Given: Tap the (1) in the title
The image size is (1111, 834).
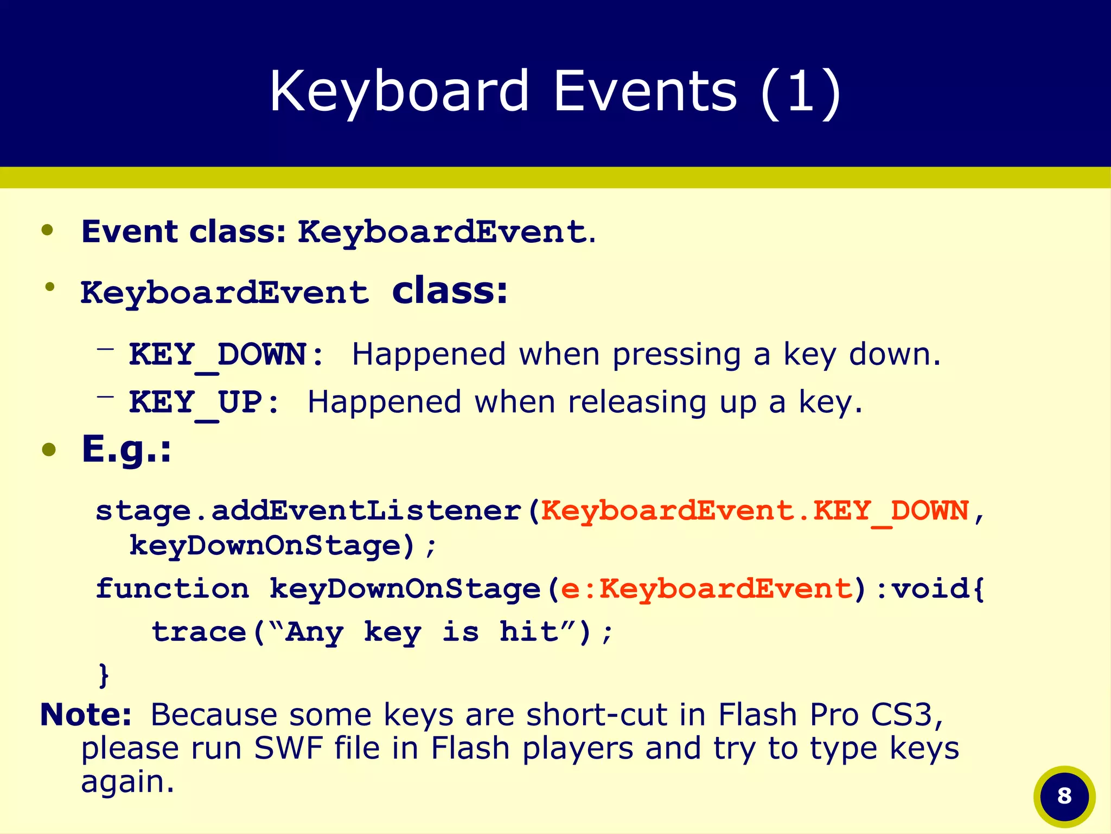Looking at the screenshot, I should [800, 92].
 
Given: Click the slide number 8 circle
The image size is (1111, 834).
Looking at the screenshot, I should [1064, 796].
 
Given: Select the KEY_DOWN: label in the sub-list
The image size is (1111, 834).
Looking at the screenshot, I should [226, 355].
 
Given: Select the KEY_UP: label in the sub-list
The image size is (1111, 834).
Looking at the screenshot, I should [204, 403].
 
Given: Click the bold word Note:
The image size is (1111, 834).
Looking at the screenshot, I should [86, 715].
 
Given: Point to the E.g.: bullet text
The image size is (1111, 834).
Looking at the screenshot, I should [126, 450].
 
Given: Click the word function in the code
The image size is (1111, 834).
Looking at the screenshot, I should [173, 589].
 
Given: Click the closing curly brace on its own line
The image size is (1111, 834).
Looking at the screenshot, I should [104, 675].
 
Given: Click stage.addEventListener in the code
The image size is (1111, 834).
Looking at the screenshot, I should [308, 511].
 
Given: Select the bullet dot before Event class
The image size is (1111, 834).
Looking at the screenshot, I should [48, 230].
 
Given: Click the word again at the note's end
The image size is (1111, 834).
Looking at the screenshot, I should [127, 782].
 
